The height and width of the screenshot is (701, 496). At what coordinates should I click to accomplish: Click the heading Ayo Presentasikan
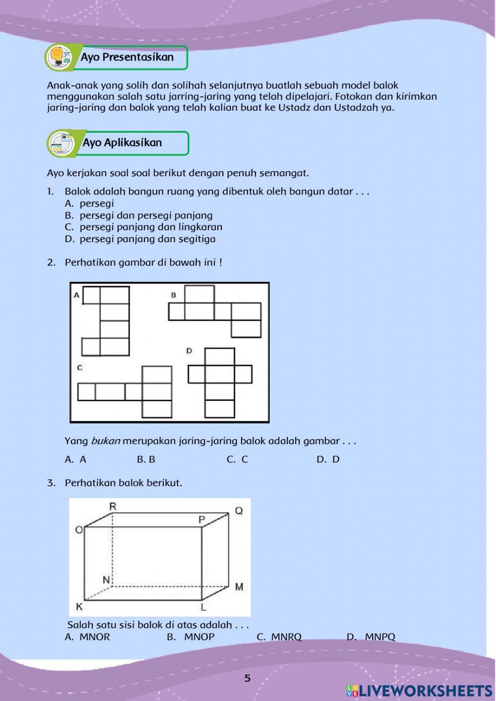127,57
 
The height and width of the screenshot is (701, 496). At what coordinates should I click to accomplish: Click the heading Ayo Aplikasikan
122,143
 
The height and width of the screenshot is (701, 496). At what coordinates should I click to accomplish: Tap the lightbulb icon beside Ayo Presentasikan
59,57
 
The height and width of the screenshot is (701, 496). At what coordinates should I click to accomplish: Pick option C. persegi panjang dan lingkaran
144,227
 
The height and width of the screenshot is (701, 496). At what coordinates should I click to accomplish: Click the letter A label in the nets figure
76,295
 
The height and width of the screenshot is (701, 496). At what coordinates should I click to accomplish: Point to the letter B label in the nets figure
173,295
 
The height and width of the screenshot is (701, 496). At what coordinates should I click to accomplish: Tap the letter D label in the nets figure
189,351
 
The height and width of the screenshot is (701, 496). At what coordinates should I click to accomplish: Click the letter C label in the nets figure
79,368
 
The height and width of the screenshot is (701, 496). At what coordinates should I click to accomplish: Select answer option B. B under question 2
146,459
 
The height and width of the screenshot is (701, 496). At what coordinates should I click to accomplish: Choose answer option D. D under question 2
328,459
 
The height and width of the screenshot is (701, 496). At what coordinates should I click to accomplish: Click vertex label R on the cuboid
113,506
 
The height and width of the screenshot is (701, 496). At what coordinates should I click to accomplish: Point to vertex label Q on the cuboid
239,510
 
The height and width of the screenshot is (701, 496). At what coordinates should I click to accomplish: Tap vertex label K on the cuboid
79,607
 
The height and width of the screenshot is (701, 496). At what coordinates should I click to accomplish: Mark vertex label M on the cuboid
239,587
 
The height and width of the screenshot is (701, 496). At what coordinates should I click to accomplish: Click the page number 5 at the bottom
248,678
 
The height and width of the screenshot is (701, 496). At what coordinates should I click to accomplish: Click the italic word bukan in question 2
105,441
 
